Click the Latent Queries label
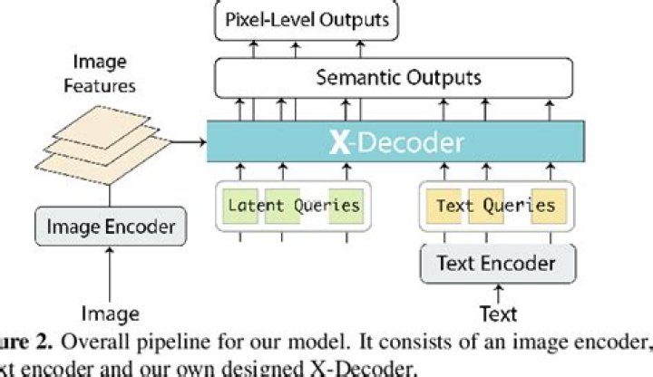coord(294,205)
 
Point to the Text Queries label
coord(495,205)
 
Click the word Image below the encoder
coord(110,314)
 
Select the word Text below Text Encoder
coord(497,314)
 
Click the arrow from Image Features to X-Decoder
coord(187,141)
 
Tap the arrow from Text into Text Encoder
coord(497,293)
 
